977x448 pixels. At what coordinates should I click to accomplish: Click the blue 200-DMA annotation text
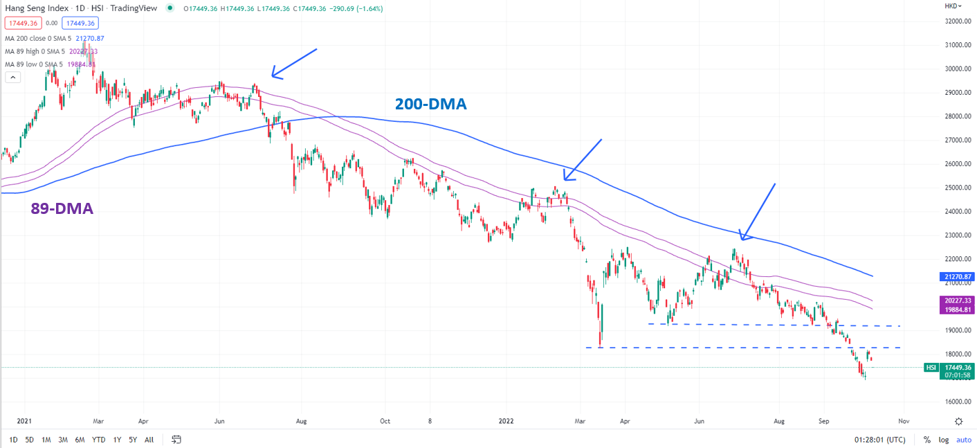coord(430,104)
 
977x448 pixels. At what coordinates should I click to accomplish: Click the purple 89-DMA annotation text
coord(62,208)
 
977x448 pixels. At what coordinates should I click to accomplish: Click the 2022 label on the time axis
coord(506,420)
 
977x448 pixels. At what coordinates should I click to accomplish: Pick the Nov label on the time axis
coord(903,420)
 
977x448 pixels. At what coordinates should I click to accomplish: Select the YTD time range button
coord(99,440)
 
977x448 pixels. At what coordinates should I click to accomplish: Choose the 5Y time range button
coord(133,440)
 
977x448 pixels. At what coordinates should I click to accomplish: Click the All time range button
coord(149,440)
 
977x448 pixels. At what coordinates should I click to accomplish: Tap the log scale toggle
coord(944,440)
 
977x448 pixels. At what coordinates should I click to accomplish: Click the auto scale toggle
coord(964,440)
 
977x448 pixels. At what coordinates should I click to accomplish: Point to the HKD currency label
coord(951,6)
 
